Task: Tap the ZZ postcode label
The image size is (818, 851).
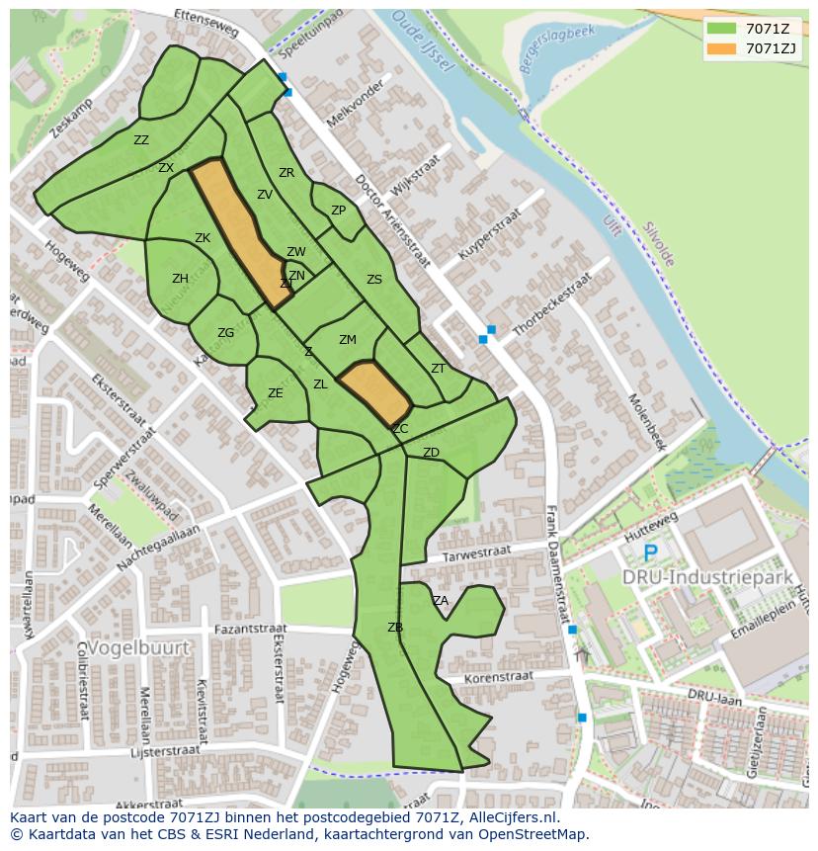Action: (x=141, y=140)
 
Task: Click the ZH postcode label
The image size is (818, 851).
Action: (x=180, y=279)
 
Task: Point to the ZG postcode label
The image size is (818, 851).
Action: (x=225, y=333)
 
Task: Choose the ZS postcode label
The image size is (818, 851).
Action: (x=373, y=280)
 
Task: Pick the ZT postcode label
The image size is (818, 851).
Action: (x=439, y=368)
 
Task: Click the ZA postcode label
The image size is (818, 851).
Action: (x=441, y=600)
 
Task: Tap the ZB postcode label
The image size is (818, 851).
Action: (x=395, y=628)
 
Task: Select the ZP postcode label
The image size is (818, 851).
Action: (x=338, y=211)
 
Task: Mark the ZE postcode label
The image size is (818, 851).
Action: (x=276, y=393)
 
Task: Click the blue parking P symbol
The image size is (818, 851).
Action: (x=650, y=553)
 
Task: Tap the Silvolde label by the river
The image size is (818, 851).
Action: (x=658, y=242)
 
